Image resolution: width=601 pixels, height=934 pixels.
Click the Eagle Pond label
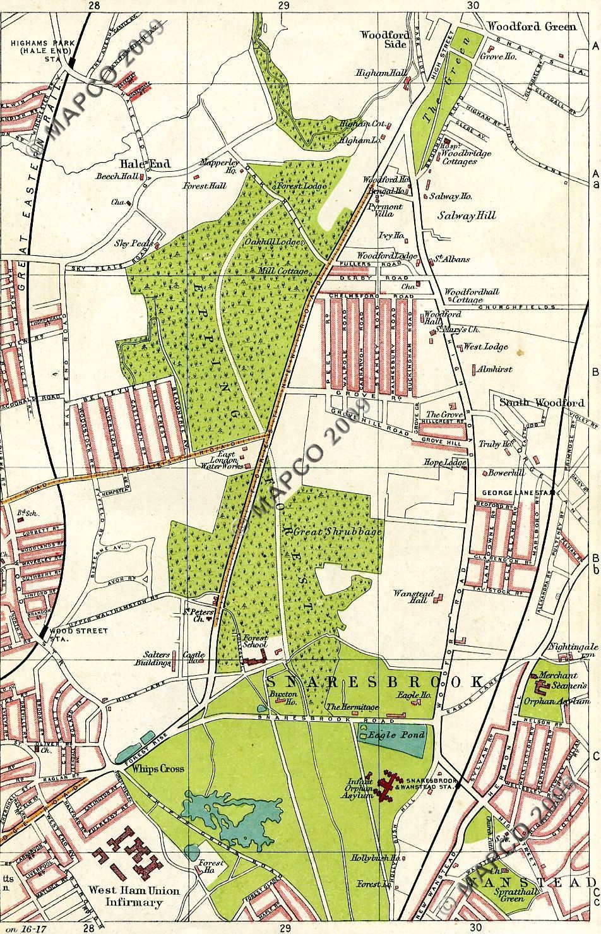click(x=393, y=735)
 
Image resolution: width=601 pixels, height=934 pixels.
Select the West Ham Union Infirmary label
click(x=133, y=896)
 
